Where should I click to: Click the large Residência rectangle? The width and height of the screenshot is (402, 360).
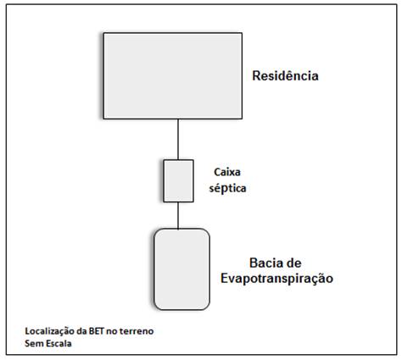point(173,75)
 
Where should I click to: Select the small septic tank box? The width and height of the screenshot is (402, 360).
point(178,180)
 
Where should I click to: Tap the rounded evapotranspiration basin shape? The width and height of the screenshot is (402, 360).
point(181,269)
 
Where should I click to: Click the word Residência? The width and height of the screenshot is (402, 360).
point(285,75)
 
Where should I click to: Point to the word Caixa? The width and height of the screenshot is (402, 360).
point(227,172)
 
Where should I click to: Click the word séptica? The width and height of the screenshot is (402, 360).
point(227,188)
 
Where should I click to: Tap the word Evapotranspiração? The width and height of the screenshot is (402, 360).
point(276,279)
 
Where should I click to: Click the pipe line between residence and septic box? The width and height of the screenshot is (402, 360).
point(178,139)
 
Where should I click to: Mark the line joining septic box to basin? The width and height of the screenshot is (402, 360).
point(178,215)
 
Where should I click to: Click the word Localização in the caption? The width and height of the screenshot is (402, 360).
point(50,331)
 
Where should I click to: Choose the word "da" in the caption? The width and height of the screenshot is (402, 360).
point(81,331)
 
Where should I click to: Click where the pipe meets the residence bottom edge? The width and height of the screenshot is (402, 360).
point(178,119)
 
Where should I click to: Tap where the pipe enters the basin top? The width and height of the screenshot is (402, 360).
point(178,229)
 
